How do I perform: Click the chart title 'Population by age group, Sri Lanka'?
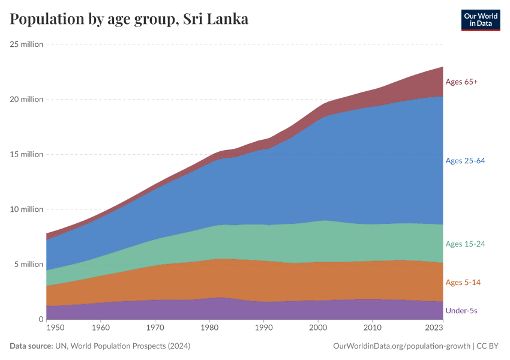129,19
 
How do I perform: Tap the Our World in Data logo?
480,20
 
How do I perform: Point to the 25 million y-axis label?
26,44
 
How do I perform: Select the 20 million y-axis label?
26,99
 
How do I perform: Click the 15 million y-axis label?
26,154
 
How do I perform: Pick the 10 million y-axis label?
26,209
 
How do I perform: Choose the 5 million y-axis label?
28,265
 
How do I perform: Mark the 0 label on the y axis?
41,320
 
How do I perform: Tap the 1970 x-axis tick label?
155,328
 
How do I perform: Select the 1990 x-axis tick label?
263,328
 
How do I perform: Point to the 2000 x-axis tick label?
318,328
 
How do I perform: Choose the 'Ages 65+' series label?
461,82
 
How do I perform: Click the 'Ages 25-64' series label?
465,161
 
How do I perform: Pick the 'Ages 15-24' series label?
465,244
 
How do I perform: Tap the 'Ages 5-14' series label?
463,282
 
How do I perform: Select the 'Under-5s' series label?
461,310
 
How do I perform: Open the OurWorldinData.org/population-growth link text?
401,346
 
